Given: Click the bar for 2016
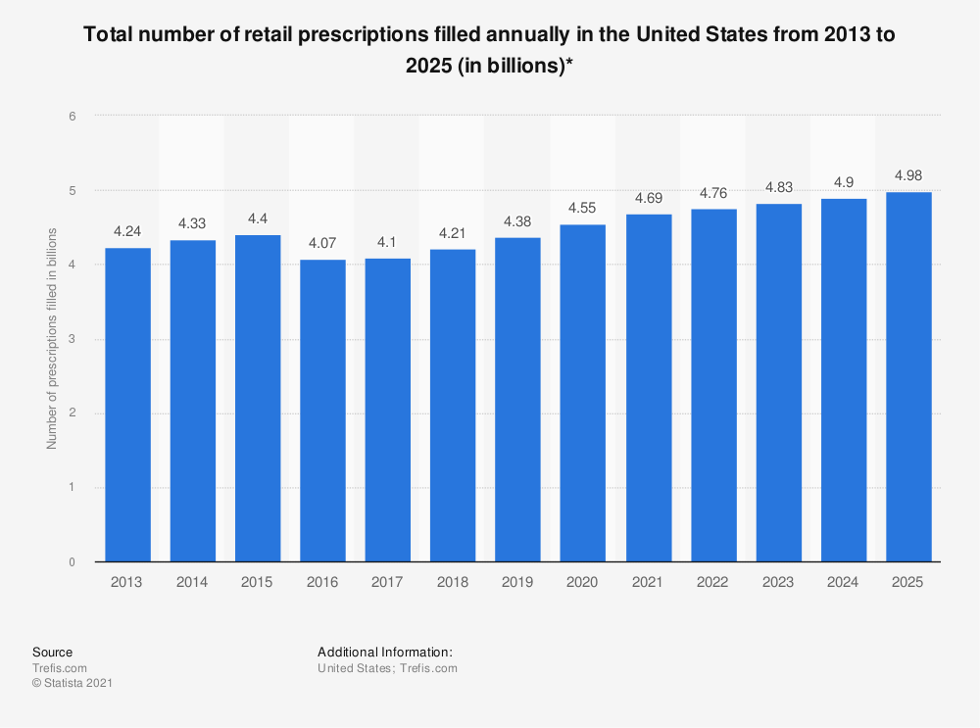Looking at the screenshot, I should click(x=322, y=411).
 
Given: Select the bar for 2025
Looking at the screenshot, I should click(x=908, y=377).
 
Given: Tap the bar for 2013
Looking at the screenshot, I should click(x=127, y=405).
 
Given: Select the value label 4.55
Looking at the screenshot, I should click(x=583, y=210).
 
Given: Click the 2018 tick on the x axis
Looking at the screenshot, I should click(x=453, y=582).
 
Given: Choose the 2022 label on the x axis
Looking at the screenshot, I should click(x=713, y=582).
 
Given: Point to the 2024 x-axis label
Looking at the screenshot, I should click(x=844, y=582).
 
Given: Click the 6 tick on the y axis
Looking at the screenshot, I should click(x=73, y=116).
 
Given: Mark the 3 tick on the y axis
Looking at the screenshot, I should click(x=73, y=339).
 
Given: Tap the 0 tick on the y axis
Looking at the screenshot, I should click(x=73, y=562).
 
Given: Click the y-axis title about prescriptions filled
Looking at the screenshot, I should click(x=52, y=338).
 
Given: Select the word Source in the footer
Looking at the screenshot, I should click(x=52, y=652).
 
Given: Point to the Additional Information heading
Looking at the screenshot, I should click(x=384, y=652).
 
